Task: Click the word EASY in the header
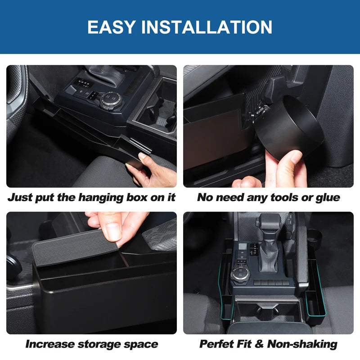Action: click(x=111, y=27)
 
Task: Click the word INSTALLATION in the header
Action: click(x=207, y=27)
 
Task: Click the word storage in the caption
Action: click(x=99, y=344)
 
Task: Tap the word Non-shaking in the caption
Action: click(x=302, y=344)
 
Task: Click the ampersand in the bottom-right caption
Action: click(x=259, y=344)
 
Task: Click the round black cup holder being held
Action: click(x=288, y=127)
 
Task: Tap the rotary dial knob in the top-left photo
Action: click(x=110, y=100)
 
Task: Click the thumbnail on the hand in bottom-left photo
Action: click(x=113, y=231)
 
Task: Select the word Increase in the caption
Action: click(x=49, y=344)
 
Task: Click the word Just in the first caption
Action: click(x=19, y=198)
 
